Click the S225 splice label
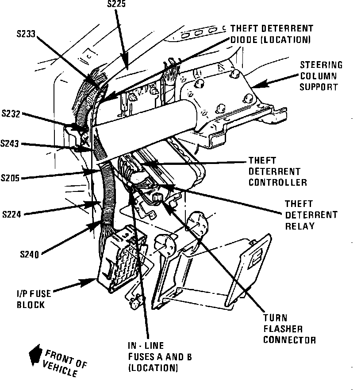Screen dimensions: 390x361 pyautogui.click(x=117, y=4)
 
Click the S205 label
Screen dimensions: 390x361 pyautogui.click(x=11, y=178)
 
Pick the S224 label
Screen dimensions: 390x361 pyautogui.click(x=12, y=214)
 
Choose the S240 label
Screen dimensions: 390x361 pyautogui.click(x=29, y=254)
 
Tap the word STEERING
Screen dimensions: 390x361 pyautogui.click(x=321, y=65)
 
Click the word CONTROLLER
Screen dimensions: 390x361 pyautogui.click(x=277, y=182)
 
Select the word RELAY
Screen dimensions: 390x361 pyautogui.click(x=300, y=226)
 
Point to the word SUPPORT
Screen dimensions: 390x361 pyautogui.click(x=319, y=87)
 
